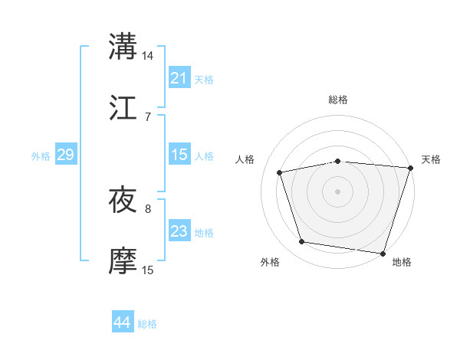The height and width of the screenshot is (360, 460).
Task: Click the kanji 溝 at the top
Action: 123,46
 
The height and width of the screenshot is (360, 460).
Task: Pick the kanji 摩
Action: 123,261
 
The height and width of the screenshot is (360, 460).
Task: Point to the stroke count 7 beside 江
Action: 148,117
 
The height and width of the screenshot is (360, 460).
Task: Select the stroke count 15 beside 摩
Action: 148,270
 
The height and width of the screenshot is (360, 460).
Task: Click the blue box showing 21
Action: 179,78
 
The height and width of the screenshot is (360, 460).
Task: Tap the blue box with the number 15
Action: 179,155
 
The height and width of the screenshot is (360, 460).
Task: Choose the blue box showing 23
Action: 179,231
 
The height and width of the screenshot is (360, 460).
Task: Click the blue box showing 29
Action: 65,155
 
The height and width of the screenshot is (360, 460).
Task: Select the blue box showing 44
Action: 122,323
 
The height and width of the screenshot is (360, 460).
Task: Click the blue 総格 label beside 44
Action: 147,324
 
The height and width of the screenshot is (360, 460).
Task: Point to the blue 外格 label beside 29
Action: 41,156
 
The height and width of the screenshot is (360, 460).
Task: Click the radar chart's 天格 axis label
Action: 431,159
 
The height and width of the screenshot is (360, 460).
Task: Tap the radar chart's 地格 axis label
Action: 402,263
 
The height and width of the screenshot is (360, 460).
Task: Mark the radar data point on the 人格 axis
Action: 280,172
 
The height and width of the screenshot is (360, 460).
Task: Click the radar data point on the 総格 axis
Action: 338,161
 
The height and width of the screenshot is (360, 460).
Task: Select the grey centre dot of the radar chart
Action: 338,191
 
